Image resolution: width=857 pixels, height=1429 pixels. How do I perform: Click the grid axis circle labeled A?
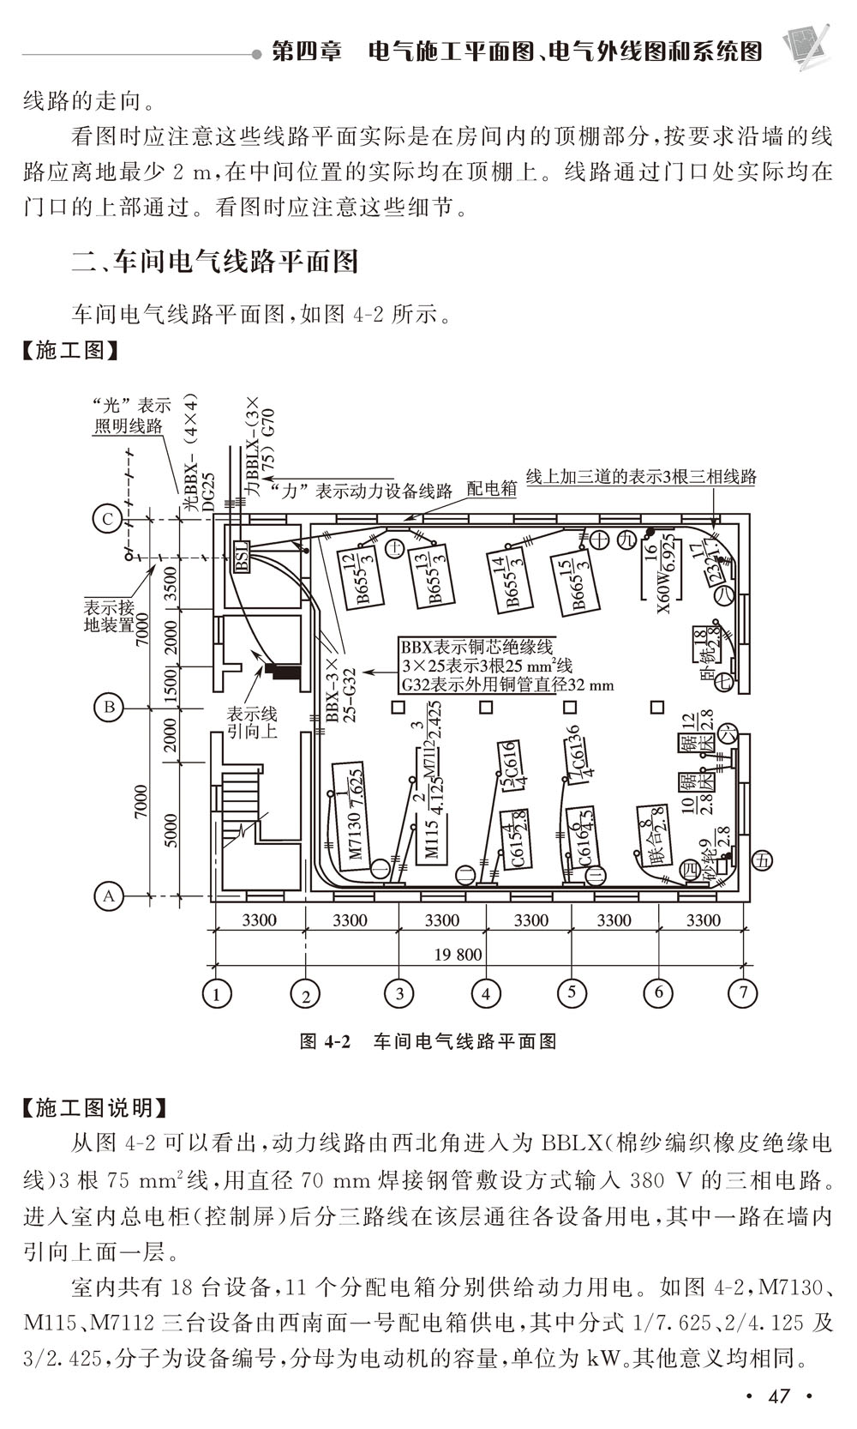click(x=109, y=896)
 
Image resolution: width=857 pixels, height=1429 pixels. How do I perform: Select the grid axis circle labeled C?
click(x=108, y=519)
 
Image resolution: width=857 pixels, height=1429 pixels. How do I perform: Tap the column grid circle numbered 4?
click(x=486, y=994)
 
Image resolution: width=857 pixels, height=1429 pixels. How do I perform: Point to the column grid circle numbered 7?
click(x=742, y=993)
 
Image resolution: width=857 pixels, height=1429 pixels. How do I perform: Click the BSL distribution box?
click(x=241, y=558)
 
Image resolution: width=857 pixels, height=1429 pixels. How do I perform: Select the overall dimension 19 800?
click(x=458, y=955)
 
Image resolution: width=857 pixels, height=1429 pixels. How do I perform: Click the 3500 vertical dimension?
click(x=170, y=583)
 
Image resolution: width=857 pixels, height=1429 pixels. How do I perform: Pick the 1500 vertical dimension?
click(x=170, y=684)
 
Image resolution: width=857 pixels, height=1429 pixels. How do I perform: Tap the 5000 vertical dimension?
click(x=170, y=829)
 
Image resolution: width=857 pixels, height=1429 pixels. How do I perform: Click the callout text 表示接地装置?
click(x=108, y=616)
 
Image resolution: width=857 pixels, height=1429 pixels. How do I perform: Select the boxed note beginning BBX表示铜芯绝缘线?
click(x=506, y=666)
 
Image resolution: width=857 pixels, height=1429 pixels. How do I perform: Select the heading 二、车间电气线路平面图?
click(x=214, y=261)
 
